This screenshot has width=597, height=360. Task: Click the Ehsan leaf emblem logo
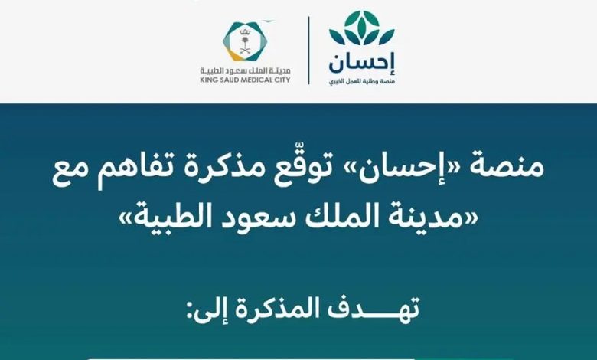click(x=361, y=28)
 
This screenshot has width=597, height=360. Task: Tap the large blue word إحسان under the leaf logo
click(x=362, y=64)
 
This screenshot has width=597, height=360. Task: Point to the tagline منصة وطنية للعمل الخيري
click(x=361, y=81)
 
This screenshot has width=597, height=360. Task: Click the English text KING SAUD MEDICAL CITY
click(x=245, y=80)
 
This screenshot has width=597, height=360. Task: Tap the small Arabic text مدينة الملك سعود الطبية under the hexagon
click(x=245, y=71)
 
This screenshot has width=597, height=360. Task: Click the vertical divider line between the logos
click(x=308, y=51)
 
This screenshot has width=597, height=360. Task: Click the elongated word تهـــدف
click(x=370, y=309)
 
